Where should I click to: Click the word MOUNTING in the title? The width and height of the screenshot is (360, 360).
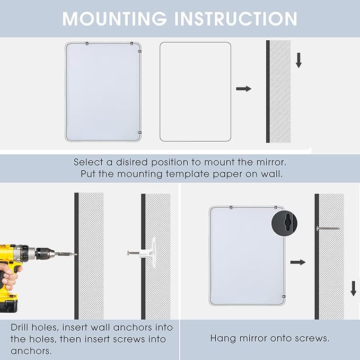(115, 19)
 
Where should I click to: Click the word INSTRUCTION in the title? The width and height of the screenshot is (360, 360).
(236, 19)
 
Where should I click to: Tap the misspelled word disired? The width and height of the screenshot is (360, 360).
(132, 162)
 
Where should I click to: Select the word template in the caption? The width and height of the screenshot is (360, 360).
(188, 174)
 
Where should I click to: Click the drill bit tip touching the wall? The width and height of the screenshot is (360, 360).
(76, 254)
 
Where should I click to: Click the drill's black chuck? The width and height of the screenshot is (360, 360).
(45, 253)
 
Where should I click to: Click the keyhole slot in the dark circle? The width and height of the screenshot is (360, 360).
(287, 223)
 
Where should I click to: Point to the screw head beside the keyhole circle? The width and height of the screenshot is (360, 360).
(319, 229)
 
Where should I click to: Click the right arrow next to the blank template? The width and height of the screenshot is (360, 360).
(244, 89)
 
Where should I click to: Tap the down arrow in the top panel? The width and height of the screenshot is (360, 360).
(298, 60)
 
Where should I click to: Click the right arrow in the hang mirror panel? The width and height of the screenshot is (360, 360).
(298, 262)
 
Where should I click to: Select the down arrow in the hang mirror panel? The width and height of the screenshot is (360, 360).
(354, 288)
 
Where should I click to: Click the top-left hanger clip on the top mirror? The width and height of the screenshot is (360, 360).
(87, 43)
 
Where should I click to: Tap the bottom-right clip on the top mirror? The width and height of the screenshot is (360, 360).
(140, 133)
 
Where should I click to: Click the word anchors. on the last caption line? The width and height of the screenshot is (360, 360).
(31, 351)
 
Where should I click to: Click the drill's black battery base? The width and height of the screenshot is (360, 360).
(8, 303)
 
